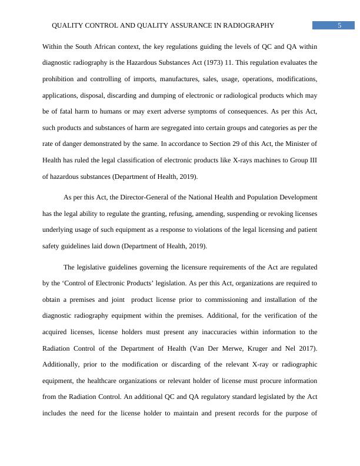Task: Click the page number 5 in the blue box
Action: click(340, 25)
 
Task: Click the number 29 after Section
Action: click(232, 144)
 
